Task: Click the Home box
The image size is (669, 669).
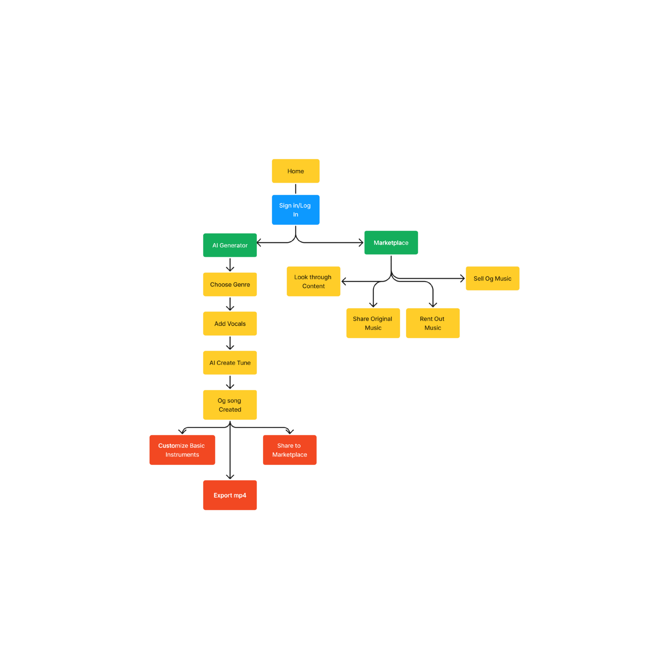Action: [x=295, y=171]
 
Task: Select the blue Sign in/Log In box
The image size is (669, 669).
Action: [x=295, y=210]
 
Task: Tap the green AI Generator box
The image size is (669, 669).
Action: [x=230, y=245]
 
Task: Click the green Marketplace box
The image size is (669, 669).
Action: [x=391, y=243]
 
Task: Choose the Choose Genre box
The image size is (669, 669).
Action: [x=230, y=284]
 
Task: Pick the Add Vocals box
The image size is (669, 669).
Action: [x=230, y=323]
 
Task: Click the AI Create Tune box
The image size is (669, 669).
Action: [x=230, y=363]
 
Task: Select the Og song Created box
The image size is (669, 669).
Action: [x=230, y=405]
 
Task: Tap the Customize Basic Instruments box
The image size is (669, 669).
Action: [x=182, y=450]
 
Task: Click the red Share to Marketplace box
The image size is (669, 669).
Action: [x=290, y=450]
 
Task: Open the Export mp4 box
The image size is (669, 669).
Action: [x=230, y=495]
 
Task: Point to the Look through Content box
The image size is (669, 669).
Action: [x=313, y=281]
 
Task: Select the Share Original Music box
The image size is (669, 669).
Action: [x=373, y=323]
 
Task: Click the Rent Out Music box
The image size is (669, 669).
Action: [x=432, y=323]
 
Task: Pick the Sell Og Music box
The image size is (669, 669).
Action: [x=492, y=278]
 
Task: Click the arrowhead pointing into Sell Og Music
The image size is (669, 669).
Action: [x=463, y=278]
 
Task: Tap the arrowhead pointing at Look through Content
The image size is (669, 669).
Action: [x=344, y=281]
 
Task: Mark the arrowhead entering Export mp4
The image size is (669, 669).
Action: [x=230, y=477]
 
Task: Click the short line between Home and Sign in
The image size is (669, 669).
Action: [x=295, y=189]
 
